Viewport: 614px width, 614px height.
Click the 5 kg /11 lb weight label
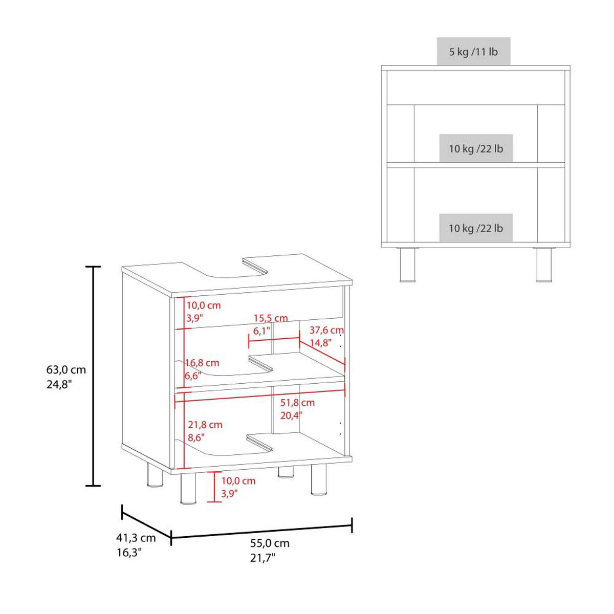[x=473, y=52]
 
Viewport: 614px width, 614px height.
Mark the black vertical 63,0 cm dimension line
[x=93, y=376]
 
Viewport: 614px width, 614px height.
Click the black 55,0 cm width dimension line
[x=261, y=530]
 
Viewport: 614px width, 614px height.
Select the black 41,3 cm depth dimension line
[x=146, y=522]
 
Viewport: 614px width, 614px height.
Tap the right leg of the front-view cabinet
[x=544, y=265]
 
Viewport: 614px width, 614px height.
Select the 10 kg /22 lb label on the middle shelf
[x=476, y=149]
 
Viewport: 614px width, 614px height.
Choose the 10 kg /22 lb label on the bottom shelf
[x=476, y=228]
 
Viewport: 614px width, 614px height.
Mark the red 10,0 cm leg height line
[x=214, y=487]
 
